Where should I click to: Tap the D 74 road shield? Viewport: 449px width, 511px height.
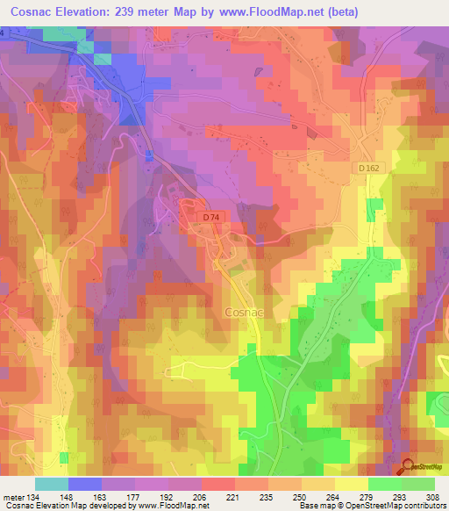click(210, 217)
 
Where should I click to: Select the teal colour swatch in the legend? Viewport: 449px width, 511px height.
click(52, 484)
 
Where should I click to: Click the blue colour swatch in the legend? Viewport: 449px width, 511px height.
click(85, 484)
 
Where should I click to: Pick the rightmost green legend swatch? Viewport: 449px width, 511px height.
click(418, 484)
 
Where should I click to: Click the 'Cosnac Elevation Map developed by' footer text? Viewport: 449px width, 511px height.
click(64, 506)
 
